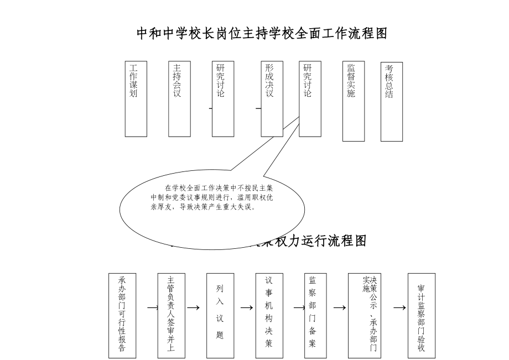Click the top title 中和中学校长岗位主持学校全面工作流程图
(x=262, y=34)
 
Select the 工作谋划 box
(x=136, y=98)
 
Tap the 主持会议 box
(x=179, y=98)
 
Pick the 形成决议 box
(x=272, y=98)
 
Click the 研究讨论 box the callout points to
(x=310, y=98)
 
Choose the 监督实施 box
(x=354, y=101)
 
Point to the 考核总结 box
(x=392, y=101)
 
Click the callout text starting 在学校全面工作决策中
(x=212, y=197)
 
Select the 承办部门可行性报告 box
(x=122, y=315)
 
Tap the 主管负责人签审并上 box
(x=171, y=315)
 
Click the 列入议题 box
(x=220, y=315)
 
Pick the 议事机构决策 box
(x=269, y=315)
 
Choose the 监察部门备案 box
(x=315, y=315)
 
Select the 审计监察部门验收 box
(x=422, y=315)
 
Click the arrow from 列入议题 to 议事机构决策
(x=247, y=307)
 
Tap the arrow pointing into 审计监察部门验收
(x=399, y=307)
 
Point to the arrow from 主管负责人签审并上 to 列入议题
(x=193, y=307)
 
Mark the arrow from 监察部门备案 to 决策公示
(x=339, y=307)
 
